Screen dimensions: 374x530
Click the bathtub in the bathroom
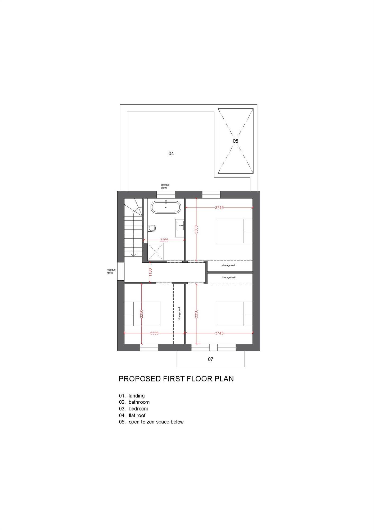coord(166,207)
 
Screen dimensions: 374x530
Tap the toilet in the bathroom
coord(152,228)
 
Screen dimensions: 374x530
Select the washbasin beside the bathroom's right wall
coord(180,228)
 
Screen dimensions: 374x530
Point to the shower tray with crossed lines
coord(156,252)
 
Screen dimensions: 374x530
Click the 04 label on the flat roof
coord(171,153)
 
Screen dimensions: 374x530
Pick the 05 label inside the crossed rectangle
coord(235,141)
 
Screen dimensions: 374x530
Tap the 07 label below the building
coord(210,359)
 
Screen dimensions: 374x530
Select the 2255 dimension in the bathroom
coord(164,240)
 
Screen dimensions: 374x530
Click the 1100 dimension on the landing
coord(150,272)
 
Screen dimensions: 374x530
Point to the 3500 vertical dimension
coord(196,229)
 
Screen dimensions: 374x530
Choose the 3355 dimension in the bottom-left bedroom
coord(154,333)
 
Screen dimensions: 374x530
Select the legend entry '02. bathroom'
coord(134,402)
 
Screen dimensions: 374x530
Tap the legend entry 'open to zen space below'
coord(156,422)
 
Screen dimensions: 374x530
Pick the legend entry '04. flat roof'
coord(132,415)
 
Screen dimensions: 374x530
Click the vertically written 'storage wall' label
coord(179,313)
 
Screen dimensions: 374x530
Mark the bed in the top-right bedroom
coord(235,231)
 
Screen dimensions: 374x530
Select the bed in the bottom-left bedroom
coord(142,314)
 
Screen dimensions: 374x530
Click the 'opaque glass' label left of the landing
coord(110,271)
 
